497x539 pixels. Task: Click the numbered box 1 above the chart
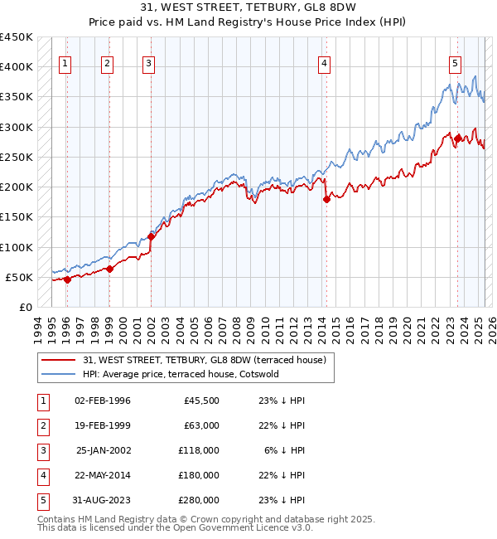tap(65, 63)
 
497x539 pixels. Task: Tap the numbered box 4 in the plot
tap(325, 63)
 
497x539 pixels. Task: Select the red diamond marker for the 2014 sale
tap(326, 199)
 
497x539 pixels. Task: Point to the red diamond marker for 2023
tap(457, 138)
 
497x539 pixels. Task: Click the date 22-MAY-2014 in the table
tap(103, 475)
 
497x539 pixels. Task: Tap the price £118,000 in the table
tap(200, 450)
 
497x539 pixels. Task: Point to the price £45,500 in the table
tap(202, 401)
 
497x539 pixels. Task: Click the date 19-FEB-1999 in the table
tap(103, 425)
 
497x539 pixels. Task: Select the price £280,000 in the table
tap(200, 500)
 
